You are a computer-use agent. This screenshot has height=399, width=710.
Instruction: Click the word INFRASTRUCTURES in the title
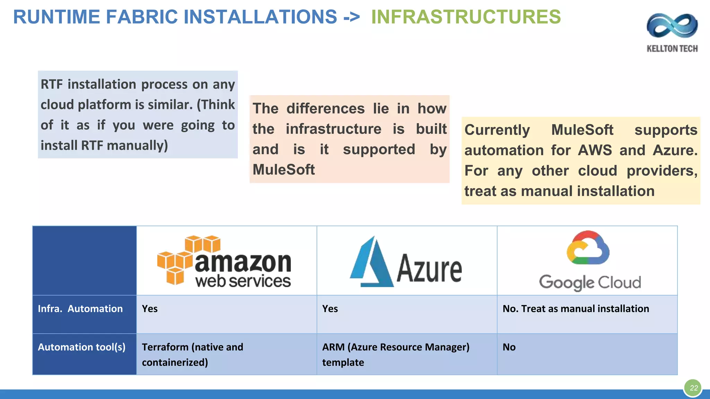tap(466, 17)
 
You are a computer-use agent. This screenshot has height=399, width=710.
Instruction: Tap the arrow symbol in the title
tap(352, 17)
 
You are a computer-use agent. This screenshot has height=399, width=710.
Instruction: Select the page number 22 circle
tap(693, 388)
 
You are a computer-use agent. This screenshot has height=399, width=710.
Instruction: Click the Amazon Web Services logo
tap(224, 261)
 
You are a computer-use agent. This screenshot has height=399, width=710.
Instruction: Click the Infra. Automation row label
tap(80, 309)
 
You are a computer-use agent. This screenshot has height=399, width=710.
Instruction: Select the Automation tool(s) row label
tap(81, 347)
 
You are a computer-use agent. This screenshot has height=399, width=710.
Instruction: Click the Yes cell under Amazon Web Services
tap(150, 309)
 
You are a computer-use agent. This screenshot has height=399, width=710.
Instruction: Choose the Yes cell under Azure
tap(330, 309)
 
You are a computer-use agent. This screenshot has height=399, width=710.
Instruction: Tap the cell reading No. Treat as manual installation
tap(575, 309)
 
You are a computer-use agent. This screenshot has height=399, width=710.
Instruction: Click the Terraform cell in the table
tap(192, 354)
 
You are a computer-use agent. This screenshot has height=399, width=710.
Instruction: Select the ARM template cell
tap(396, 354)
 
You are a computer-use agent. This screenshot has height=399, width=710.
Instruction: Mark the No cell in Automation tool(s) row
tap(509, 347)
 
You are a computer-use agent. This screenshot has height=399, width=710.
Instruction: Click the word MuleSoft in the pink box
tap(284, 170)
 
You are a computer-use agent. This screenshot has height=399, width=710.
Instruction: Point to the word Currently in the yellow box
tap(497, 130)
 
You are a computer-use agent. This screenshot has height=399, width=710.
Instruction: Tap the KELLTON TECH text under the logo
tap(672, 48)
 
